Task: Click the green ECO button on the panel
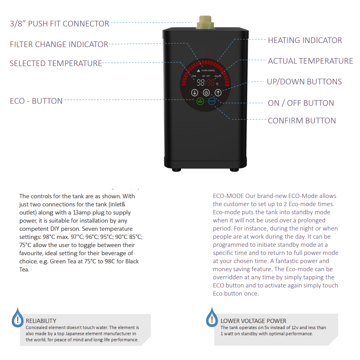tap(200, 101)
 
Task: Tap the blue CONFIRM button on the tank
tap(211, 101)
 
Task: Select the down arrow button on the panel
tap(194, 92)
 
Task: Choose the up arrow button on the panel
tap(218, 92)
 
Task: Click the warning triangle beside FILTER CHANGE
tap(199, 71)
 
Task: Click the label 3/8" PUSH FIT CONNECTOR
tap(60, 24)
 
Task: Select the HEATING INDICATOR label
tap(305, 40)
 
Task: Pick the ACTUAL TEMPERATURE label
tap(310, 61)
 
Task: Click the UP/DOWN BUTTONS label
tap(304, 82)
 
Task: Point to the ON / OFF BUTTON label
tap(301, 103)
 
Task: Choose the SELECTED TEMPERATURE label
tap(56, 63)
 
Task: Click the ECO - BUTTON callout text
tap(36, 101)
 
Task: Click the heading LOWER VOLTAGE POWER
tap(253, 321)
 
